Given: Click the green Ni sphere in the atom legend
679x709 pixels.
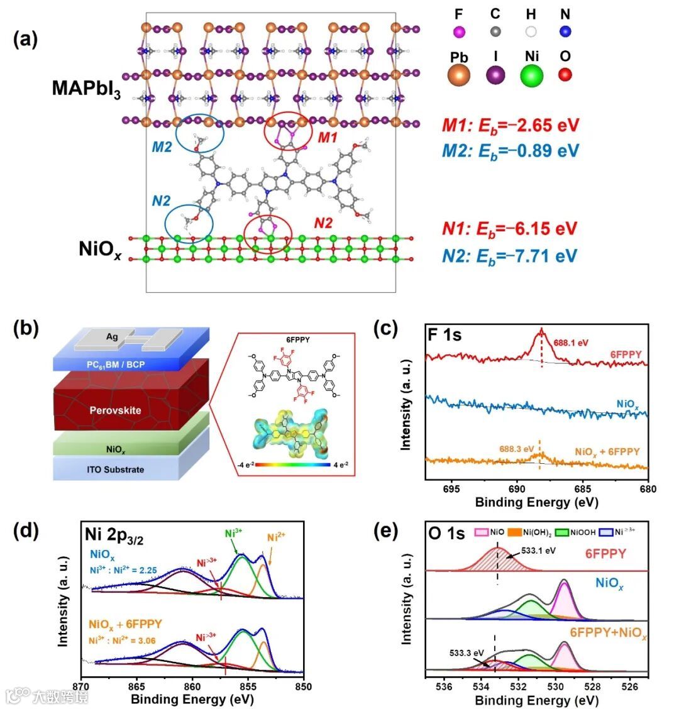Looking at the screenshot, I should click(532, 76).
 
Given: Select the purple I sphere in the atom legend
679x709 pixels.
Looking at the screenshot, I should click(495, 76).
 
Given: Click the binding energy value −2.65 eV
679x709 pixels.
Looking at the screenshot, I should click(542, 124).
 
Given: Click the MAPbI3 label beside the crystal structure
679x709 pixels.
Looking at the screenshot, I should click(86, 89).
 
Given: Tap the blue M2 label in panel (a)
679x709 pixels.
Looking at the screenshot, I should click(162, 147).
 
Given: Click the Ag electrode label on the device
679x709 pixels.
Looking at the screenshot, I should click(112, 338).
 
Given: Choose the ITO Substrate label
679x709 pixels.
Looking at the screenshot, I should click(116, 470).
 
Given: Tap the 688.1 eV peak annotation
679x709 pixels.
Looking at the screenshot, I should click(571, 343).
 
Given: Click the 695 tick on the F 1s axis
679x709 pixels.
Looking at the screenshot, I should click(451, 489).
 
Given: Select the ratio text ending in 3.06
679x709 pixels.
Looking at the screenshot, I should click(123, 640).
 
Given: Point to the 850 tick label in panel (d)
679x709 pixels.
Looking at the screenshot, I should click(303, 686).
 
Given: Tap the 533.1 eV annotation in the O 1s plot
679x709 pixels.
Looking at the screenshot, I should click(538, 551).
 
